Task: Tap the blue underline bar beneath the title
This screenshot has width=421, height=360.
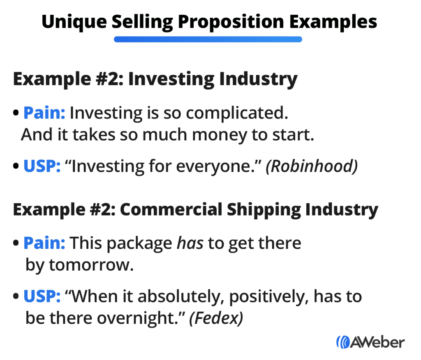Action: [208, 39]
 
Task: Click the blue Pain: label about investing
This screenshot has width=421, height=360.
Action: [44, 113]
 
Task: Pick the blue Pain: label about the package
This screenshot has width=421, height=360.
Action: [44, 243]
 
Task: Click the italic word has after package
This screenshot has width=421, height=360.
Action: [190, 243]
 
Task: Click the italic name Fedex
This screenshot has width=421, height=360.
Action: [215, 319]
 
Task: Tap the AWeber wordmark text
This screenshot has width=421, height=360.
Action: [377, 342]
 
